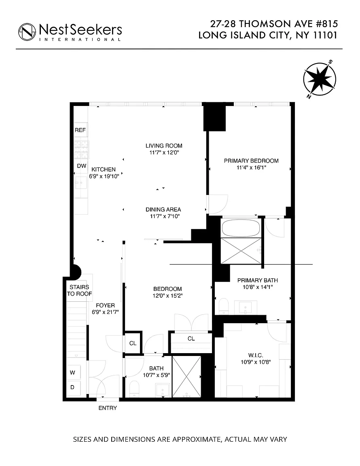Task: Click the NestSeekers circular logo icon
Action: tap(27, 32)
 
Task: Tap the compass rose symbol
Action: tap(320, 79)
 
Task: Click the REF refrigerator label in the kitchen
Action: tap(80, 130)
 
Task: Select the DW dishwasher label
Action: tap(81, 166)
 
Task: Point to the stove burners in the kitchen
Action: tap(81, 150)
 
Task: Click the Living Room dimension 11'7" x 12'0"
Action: tap(164, 153)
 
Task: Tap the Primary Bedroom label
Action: tap(251, 161)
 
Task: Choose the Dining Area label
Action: tap(163, 210)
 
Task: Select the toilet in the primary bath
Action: tap(223, 306)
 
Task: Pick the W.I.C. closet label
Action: tap(256, 355)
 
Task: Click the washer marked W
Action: tap(72, 373)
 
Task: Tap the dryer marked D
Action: tap(72, 387)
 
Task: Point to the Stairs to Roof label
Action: tap(79, 290)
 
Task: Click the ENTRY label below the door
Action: tap(108, 408)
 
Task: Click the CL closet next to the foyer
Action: tap(133, 343)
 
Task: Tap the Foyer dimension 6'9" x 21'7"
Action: tap(105, 312)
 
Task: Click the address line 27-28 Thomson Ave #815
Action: tap(274, 24)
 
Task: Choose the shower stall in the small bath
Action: tap(187, 377)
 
